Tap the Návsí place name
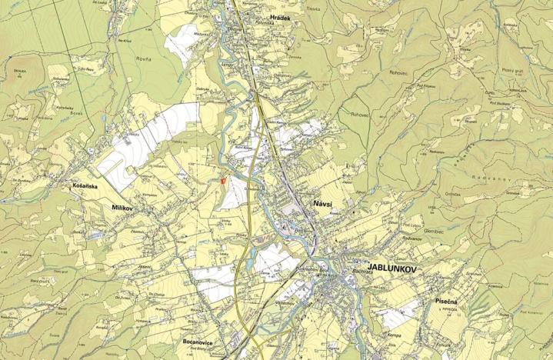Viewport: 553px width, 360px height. (323, 202)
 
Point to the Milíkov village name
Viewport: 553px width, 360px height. (123, 208)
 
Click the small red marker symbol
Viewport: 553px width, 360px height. (222, 181)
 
